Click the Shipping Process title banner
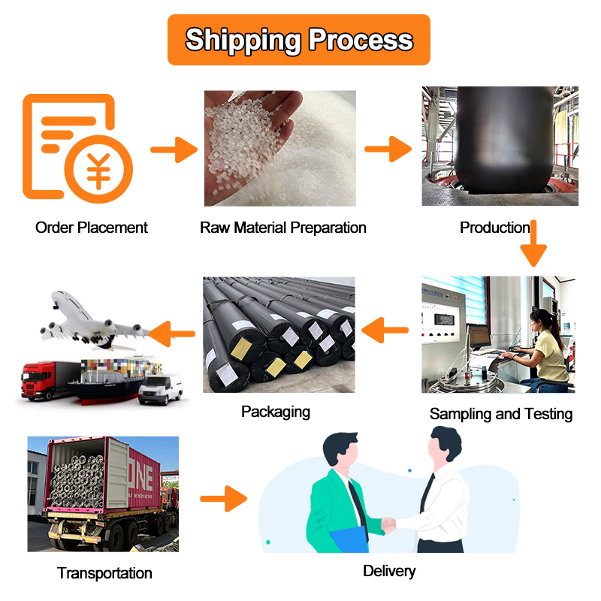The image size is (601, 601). [x=298, y=40]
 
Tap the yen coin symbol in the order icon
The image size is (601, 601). [x=98, y=170]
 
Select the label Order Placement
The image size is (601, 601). [x=91, y=228]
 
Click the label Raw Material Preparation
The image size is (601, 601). [x=283, y=228]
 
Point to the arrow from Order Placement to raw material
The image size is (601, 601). [x=174, y=149]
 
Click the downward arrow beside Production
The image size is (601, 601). [x=533, y=243]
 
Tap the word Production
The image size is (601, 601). [x=494, y=228]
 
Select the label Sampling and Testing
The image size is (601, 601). [x=501, y=414]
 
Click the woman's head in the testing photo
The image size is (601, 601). [x=541, y=321]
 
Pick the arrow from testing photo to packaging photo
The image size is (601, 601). [x=385, y=330]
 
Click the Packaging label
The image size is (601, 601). [x=276, y=412]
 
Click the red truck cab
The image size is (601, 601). [x=37, y=382]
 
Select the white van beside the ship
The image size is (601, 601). [x=160, y=388]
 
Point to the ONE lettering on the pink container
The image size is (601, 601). [x=140, y=476]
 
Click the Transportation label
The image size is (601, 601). [x=104, y=573]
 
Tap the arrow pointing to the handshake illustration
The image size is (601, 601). [x=223, y=499]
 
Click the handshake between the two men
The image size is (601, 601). [x=388, y=524]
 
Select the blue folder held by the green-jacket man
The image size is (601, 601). [x=349, y=539]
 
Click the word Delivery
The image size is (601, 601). [x=389, y=571]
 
